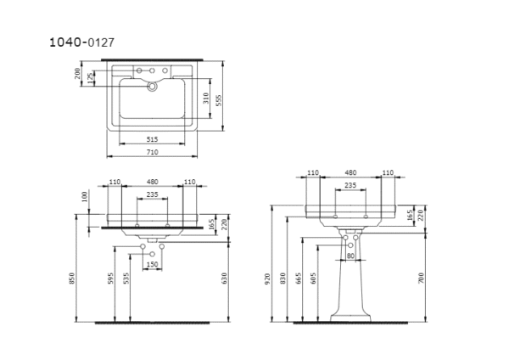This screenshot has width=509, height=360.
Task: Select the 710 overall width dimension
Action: (152, 152)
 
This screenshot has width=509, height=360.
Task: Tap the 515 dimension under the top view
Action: (152, 138)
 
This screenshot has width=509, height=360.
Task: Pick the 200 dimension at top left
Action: (78, 75)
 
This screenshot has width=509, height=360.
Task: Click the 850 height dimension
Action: (73, 278)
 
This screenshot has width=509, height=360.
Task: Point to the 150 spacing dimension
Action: (153, 265)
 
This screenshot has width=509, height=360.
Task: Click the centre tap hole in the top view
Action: (153, 86)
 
